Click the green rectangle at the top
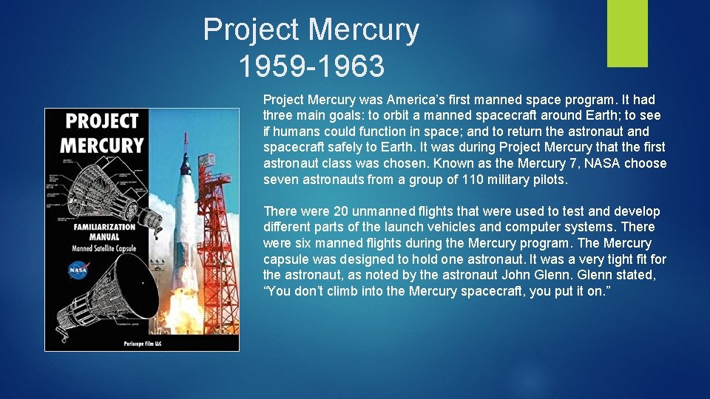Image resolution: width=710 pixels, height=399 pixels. [x=627, y=33]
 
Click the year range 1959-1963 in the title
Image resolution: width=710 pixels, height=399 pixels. [x=311, y=66]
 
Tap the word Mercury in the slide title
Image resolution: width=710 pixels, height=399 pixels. [x=363, y=30]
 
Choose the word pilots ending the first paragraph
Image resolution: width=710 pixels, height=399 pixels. [x=549, y=180]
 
